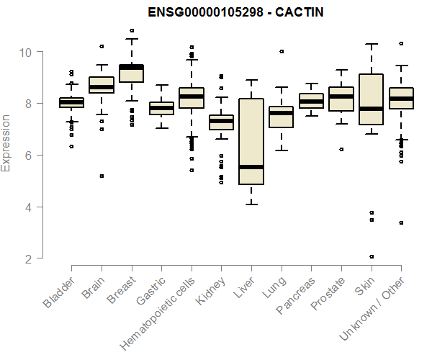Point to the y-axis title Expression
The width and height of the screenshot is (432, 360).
pos(6,143)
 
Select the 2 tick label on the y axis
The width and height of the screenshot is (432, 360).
pos(26,258)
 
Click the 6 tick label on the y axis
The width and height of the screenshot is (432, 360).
pos(26,156)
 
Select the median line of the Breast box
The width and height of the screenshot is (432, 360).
pos(132,67)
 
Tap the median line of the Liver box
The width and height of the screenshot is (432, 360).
pos(251,167)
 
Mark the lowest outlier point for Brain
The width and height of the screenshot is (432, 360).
pos(102,176)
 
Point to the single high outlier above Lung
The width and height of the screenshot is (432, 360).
pos(282,51)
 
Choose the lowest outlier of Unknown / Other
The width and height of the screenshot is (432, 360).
pos(401,223)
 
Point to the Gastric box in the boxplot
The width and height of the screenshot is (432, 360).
pos(161,109)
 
